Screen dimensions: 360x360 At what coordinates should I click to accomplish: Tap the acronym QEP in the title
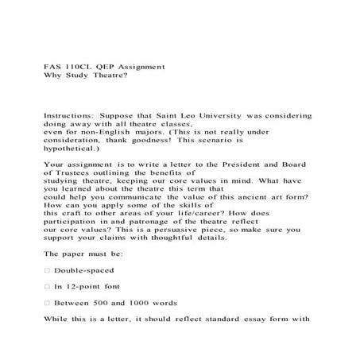[110, 67]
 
